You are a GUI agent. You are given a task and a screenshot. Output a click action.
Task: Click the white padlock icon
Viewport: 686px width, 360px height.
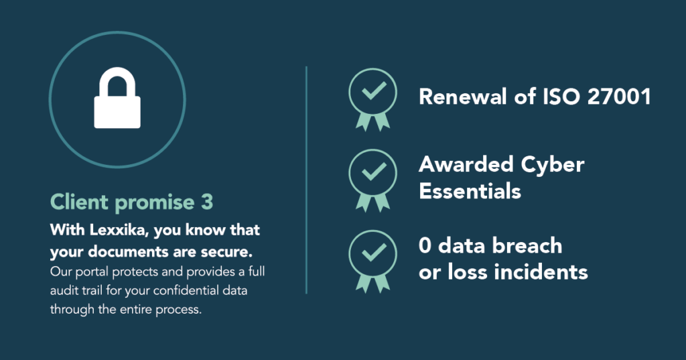pyautogui.click(x=117, y=98)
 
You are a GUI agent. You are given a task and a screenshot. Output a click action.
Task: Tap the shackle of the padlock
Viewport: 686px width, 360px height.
pyautogui.click(x=117, y=74)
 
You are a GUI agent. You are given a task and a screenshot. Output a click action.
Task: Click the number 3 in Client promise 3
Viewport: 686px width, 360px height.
pyautogui.click(x=207, y=202)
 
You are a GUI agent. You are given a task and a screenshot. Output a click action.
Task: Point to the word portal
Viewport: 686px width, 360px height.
pyautogui.click(x=92, y=272)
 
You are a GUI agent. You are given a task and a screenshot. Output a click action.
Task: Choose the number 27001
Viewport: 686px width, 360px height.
pyautogui.click(x=619, y=97)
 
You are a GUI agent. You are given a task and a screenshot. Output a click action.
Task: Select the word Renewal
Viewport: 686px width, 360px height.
pyautogui.click(x=463, y=97)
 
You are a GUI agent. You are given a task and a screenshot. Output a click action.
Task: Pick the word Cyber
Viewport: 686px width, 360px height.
pyautogui.click(x=553, y=166)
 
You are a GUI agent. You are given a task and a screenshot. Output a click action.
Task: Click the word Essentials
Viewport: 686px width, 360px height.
pyautogui.click(x=470, y=191)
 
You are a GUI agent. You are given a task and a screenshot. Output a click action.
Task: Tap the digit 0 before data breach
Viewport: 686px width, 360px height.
pyautogui.click(x=425, y=245)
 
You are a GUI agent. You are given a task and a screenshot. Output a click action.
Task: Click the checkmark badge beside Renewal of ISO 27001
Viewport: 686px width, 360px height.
pyautogui.click(x=372, y=99)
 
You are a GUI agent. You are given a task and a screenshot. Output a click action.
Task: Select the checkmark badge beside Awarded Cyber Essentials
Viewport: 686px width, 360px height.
pyautogui.click(x=372, y=180)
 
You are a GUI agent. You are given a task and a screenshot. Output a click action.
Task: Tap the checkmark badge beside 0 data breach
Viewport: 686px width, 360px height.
pyautogui.click(x=372, y=261)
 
